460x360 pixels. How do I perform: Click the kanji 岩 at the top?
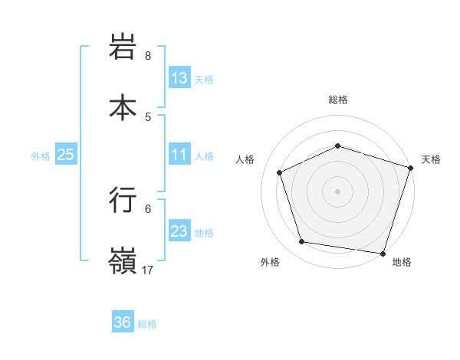pos(123,48)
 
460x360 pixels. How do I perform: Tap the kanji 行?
pos(123,200)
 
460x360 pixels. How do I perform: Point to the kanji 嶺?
pos(123,261)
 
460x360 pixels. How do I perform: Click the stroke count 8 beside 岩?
pos(148,56)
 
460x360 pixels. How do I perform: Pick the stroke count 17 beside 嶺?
pos(148,270)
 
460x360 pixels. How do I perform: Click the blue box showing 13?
pos(179,78)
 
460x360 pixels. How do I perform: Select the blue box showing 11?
pos(179,155)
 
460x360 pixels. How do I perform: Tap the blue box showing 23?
pos(179,231)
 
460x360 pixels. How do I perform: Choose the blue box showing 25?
pos(66,155)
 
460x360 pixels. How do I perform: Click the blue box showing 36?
pos(123,322)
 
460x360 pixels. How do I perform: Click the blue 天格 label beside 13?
pos(204,80)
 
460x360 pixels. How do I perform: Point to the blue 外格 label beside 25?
pos(41,156)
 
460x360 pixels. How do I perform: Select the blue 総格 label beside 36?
pos(147,324)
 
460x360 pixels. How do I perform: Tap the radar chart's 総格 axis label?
pos(338,100)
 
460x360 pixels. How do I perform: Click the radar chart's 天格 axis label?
pos(431,159)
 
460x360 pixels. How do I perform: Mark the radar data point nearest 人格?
pos(280,172)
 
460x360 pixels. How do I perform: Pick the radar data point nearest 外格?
pos(302,242)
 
